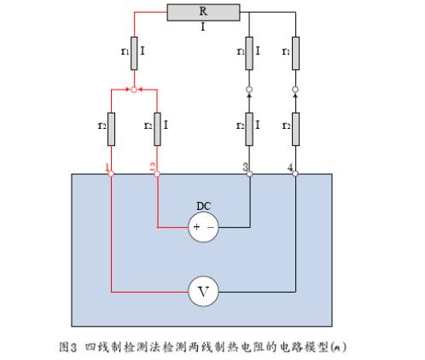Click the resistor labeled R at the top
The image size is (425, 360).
click(203, 12)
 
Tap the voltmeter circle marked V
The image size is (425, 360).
click(203, 291)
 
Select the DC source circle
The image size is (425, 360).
click(203, 227)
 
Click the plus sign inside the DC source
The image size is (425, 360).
click(196, 227)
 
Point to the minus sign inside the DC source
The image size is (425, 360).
click(211, 227)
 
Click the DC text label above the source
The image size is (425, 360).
click(204, 206)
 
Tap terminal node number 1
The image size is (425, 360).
click(111, 173)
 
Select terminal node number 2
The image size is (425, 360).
click(157, 173)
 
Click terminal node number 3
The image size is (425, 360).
click(249, 173)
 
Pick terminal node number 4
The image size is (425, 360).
click(295, 173)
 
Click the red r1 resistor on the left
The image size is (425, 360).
click(134, 54)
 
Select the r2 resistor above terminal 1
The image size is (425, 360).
click(111, 130)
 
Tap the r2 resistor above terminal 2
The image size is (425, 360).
click(157, 130)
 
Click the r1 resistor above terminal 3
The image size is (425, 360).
click(249, 54)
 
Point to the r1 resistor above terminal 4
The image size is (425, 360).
click(295, 54)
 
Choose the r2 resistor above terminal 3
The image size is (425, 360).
click(249, 130)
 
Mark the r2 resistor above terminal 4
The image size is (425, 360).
click(295, 130)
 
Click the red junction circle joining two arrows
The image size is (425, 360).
click(134, 90)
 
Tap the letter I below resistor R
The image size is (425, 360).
click(203, 27)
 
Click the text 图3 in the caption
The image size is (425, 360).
click(68, 347)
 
